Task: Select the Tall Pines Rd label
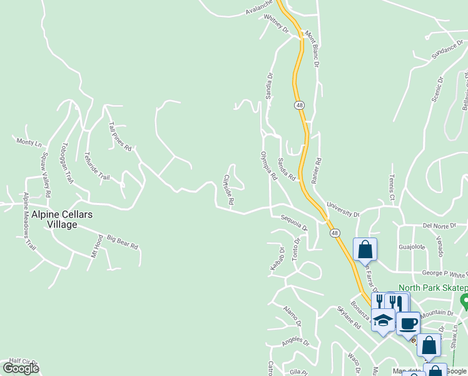(x=120, y=137)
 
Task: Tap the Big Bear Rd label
(x=122, y=242)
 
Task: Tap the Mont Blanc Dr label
(x=312, y=49)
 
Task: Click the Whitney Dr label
(x=276, y=24)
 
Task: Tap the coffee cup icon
(x=408, y=323)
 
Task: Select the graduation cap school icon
(x=383, y=320)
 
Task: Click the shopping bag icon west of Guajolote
(x=365, y=249)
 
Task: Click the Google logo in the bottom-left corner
(x=21, y=368)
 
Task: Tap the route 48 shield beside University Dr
(x=336, y=233)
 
